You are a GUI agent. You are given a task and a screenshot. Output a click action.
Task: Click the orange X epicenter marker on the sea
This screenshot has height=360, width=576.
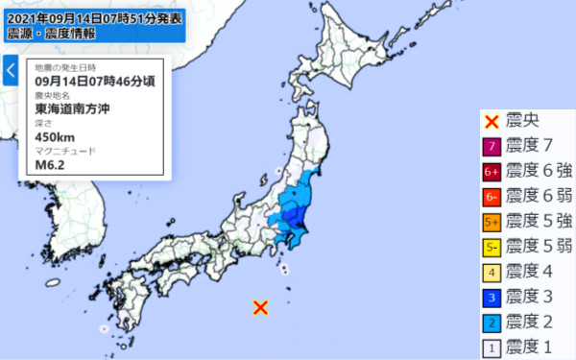pyautogui.click(x=260, y=307)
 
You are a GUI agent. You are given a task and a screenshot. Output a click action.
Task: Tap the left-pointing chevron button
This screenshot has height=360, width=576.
pyautogui.click(x=11, y=71)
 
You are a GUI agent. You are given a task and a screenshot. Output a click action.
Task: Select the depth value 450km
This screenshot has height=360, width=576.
pyautogui.click(x=53, y=136)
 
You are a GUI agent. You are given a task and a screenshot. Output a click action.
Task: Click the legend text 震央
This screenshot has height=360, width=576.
pyautogui.click(x=523, y=122)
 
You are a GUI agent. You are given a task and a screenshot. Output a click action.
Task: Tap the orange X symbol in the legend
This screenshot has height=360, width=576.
pyautogui.click(x=491, y=122)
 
